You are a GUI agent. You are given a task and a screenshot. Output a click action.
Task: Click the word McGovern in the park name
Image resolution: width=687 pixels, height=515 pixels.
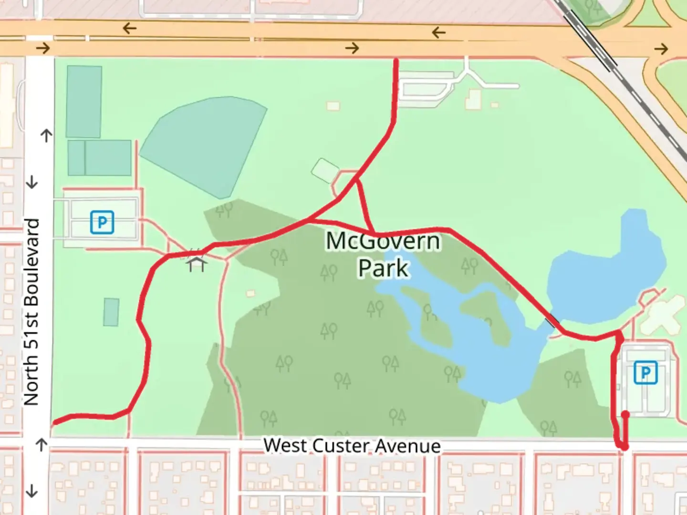click(383, 241)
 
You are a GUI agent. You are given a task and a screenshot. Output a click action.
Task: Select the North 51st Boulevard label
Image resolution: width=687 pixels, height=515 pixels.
click(31, 312)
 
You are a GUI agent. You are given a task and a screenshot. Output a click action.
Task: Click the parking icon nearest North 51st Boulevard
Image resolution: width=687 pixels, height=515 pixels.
click(102, 222)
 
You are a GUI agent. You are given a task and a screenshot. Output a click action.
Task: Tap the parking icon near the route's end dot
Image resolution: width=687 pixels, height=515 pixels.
click(645, 373)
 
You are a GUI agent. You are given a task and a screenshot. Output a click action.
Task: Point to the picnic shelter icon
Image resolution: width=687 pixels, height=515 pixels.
click(196, 263)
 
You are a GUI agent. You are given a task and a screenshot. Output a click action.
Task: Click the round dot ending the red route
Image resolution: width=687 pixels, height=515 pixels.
click(625, 415)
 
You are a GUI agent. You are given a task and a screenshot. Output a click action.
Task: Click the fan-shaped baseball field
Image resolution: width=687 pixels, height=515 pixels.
click(205, 143)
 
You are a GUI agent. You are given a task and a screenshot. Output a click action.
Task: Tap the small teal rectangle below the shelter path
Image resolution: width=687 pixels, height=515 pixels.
click(111, 312)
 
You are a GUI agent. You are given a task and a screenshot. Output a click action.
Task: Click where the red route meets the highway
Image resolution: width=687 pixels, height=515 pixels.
click(396, 60)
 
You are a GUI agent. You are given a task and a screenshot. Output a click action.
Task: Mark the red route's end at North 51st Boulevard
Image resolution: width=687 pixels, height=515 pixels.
click(54, 422)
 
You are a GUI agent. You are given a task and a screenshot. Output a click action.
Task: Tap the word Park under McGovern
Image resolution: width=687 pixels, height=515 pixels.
click(383, 268)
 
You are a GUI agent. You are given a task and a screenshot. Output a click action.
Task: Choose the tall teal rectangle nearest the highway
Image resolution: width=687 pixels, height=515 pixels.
click(84, 102)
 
